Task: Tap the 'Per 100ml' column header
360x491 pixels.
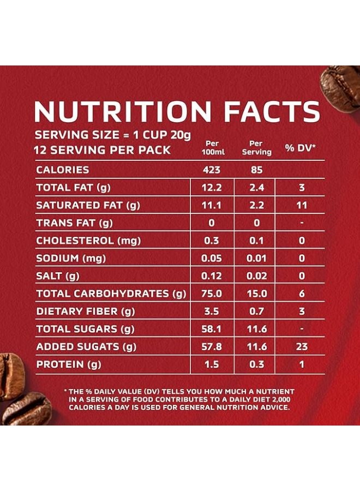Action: tap(212, 148)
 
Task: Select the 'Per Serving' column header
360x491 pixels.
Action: tap(256, 148)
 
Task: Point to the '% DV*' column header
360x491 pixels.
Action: tap(301, 148)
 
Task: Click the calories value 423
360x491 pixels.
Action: tap(212, 170)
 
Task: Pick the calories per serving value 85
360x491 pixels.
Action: tap(256, 170)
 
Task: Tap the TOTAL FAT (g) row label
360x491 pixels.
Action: tap(74, 188)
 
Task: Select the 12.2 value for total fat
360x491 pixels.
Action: tap(212, 188)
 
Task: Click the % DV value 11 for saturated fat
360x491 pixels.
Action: tap(301, 206)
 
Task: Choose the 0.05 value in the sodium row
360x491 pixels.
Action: tap(212, 259)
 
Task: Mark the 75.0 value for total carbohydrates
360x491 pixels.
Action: tap(212, 294)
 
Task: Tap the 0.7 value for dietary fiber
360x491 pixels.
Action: tap(256, 312)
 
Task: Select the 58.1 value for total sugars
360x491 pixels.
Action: tap(212, 329)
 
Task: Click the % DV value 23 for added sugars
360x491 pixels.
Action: tap(301, 346)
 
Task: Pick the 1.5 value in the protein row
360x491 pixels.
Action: tap(212, 364)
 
